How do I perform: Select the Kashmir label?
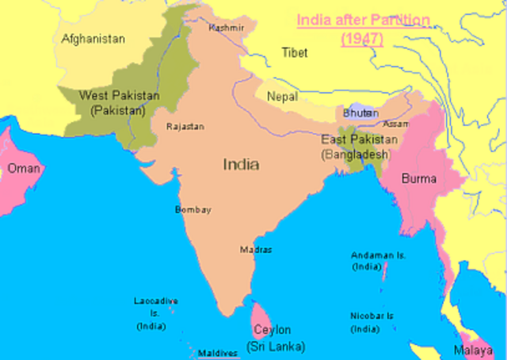coord(227,28)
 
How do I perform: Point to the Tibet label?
coord(295,52)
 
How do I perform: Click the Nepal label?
coord(283,96)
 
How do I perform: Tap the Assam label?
coord(396,124)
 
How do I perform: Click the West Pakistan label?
coord(119,102)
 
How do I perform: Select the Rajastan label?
coord(185,125)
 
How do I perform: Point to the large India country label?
coord(241,164)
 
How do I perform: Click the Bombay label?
coord(193,209)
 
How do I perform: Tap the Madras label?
coord(256,249)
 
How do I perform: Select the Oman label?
coord(24,168)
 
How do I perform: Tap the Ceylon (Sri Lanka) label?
coord(272,337)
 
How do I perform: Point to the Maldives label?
coord(218,353)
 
